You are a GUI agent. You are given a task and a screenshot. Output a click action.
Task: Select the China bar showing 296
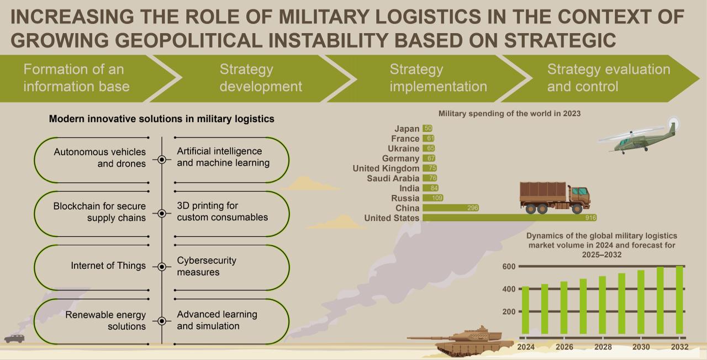(451, 208)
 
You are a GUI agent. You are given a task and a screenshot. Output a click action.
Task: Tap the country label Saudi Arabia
(393, 178)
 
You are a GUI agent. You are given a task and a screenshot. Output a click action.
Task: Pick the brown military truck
(554, 198)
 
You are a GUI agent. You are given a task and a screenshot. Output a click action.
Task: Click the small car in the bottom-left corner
(14, 338)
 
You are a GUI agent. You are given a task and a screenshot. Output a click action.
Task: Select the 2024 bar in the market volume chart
(525, 310)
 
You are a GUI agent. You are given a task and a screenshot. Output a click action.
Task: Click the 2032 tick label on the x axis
(679, 347)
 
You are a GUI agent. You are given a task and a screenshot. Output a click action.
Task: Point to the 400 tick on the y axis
(509, 289)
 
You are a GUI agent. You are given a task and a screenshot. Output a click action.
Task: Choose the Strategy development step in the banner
(261, 78)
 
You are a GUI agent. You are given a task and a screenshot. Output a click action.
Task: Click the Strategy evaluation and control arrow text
(608, 78)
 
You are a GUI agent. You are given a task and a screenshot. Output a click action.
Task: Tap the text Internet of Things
(108, 266)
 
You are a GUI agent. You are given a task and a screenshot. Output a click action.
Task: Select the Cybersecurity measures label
(207, 266)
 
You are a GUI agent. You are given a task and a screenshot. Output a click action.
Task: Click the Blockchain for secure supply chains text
(99, 212)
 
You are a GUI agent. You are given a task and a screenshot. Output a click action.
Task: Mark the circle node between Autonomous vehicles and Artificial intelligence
(162, 159)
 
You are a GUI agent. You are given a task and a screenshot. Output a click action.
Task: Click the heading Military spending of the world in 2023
(509, 113)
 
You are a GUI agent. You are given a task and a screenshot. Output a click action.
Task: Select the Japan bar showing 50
(428, 129)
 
